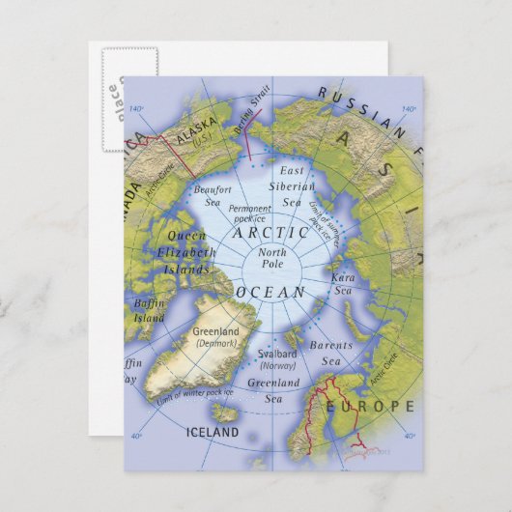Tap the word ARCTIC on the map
coord(271,233)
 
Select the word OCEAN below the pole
coord(272,292)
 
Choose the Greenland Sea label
coord(273,389)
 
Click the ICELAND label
coord(211,433)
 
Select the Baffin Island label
coord(151,310)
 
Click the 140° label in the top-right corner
coord(410,109)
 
